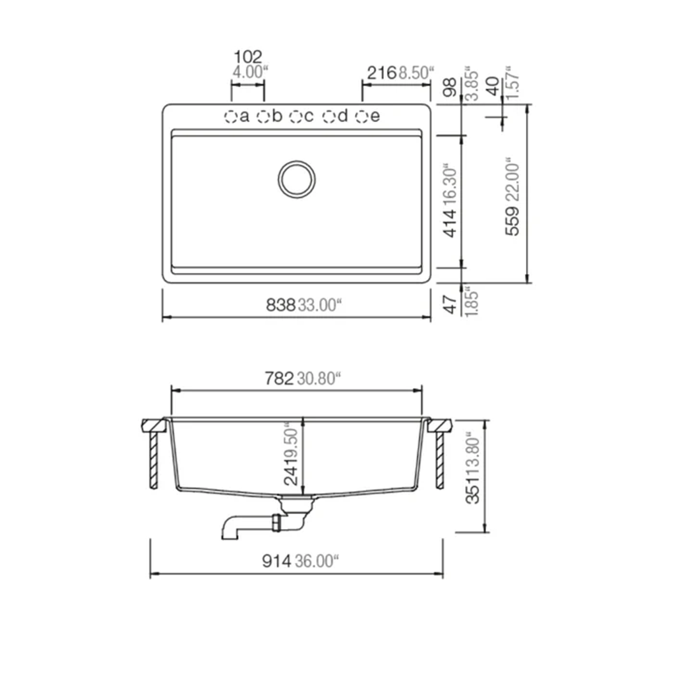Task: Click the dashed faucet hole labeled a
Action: [231, 117]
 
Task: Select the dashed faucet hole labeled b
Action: [264, 117]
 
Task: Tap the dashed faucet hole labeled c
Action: [295, 117]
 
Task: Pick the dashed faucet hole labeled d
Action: [328, 117]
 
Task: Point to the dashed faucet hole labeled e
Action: [361, 117]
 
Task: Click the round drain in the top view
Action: [296, 179]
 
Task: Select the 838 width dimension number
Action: [280, 305]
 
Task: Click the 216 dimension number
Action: [381, 73]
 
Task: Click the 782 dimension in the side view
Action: [279, 378]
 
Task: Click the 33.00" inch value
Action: [320, 305]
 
